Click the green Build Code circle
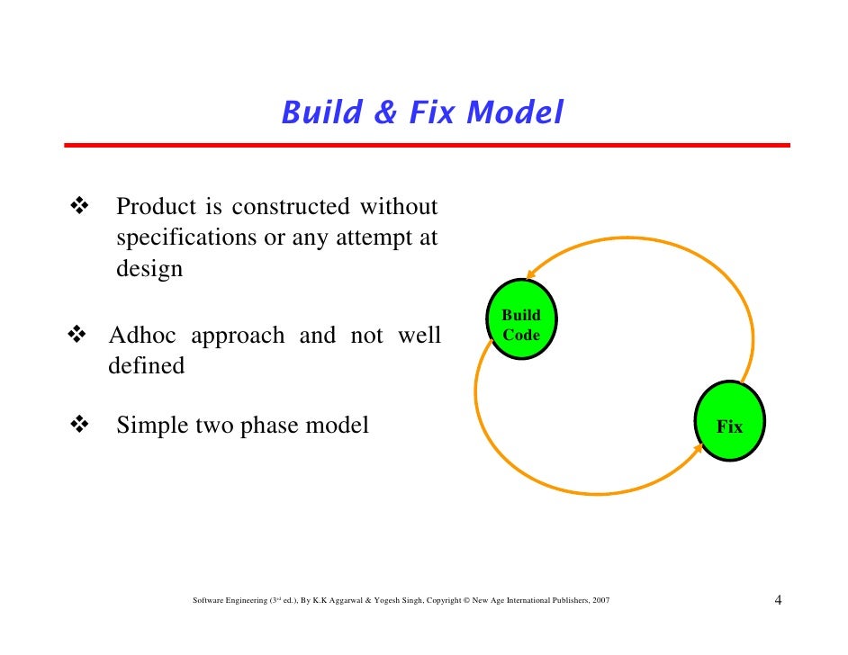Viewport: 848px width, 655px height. [x=521, y=325]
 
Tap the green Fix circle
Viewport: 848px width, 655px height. [x=730, y=422]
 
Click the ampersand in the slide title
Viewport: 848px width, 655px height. [x=385, y=113]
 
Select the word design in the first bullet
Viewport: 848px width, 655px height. [x=149, y=269]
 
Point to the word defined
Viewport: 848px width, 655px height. [x=146, y=366]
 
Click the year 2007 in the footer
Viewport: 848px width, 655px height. [x=600, y=601]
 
